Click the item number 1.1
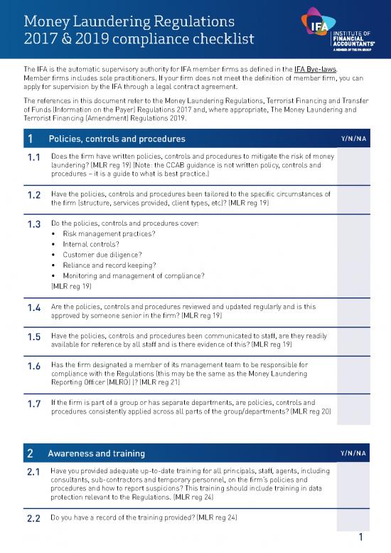(x=31, y=157)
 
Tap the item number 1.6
(x=31, y=367)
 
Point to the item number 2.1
(x=31, y=472)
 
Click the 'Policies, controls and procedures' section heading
(x=117, y=138)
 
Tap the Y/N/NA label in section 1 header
(x=353, y=138)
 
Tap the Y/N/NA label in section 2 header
(x=353, y=453)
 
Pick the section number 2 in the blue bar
(x=30, y=453)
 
